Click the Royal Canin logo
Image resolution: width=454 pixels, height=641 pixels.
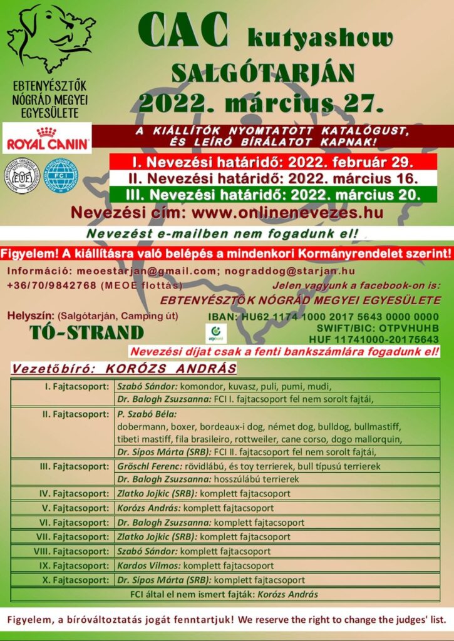click(x=47, y=138)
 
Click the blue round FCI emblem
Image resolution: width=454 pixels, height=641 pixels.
click(x=63, y=177)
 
